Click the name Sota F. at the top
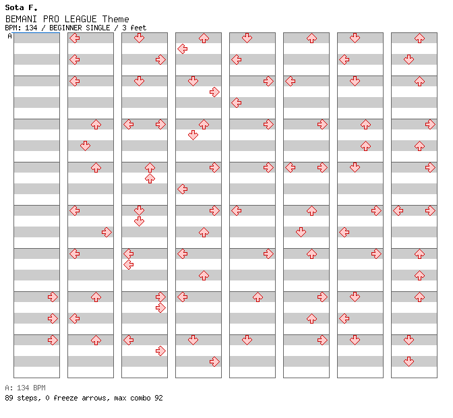click(21, 7)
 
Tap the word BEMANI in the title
click(21, 19)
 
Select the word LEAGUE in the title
click(80, 19)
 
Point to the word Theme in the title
click(115, 19)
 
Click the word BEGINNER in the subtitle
click(65, 28)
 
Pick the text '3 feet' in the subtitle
click(134, 28)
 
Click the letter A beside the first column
click(10, 36)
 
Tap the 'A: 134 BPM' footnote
click(25, 388)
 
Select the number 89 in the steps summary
click(9, 398)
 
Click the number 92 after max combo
click(158, 398)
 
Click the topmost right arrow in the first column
click(53, 297)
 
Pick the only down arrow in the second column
click(85, 146)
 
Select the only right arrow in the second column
click(107, 232)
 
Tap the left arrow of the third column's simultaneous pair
click(129, 125)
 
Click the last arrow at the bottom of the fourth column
click(214, 361)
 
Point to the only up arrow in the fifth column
click(258, 297)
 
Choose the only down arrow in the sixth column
click(301, 232)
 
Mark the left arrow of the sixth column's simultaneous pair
click(291, 168)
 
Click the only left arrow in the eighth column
click(398, 210)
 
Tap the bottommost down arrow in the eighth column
click(409, 361)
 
